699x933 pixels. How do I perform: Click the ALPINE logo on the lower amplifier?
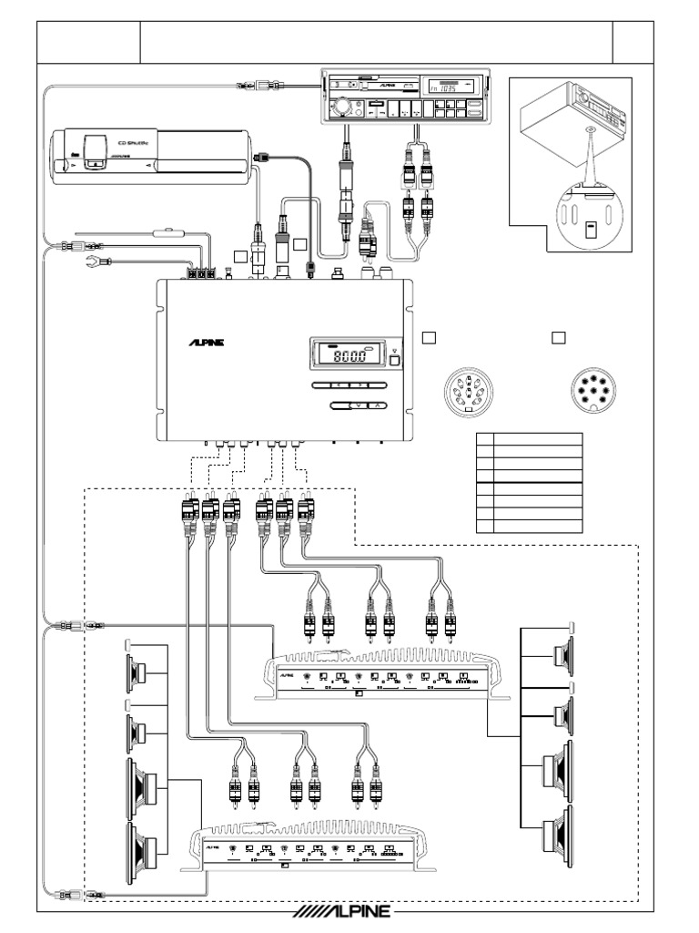tap(211, 846)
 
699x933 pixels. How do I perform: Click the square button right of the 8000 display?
tap(394, 359)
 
